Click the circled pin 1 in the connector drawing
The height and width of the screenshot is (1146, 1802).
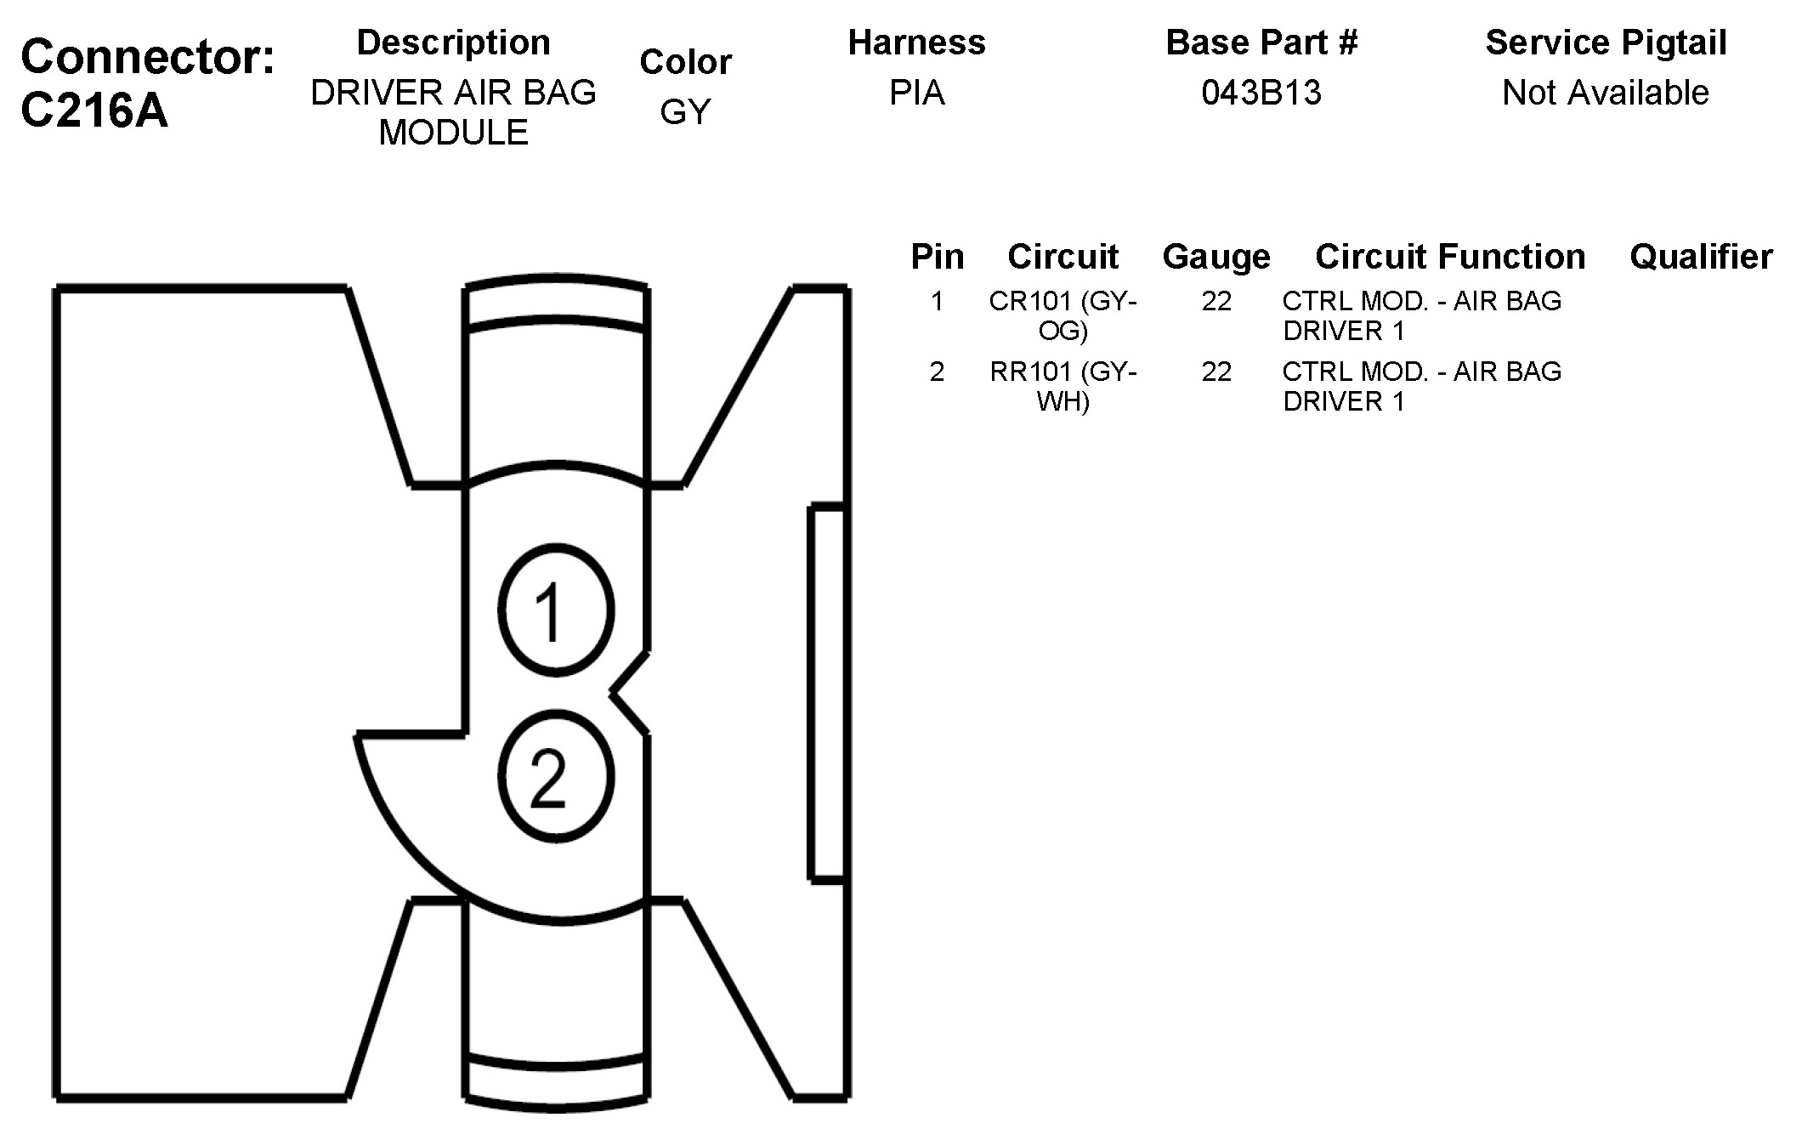point(556,610)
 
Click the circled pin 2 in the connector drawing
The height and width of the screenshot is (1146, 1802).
point(556,777)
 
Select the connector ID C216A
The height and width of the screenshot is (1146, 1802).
point(94,111)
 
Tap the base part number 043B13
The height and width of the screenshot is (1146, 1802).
point(1261,93)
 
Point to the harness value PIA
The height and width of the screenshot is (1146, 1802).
point(916,93)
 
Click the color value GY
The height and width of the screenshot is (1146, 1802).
point(685,112)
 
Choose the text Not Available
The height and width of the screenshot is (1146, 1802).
point(1605,93)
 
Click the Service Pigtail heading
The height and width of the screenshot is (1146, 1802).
point(1605,43)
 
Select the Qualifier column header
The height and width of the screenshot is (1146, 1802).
point(1701,257)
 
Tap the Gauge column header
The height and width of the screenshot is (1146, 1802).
point(1215,257)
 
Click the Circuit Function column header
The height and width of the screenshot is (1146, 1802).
point(1449,257)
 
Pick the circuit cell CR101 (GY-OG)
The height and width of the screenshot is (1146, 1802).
point(1062,315)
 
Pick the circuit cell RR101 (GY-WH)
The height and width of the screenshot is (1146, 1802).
point(1062,386)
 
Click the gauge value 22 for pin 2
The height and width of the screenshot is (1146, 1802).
point(1216,372)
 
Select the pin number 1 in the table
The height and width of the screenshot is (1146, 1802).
point(937,301)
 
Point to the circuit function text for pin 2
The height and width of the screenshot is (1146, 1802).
point(1421,386)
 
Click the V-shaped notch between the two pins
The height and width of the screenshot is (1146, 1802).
point(627,694)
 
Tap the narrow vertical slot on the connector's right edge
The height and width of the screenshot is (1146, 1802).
point(826,692)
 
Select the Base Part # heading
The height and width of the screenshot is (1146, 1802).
point(1261,43)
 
